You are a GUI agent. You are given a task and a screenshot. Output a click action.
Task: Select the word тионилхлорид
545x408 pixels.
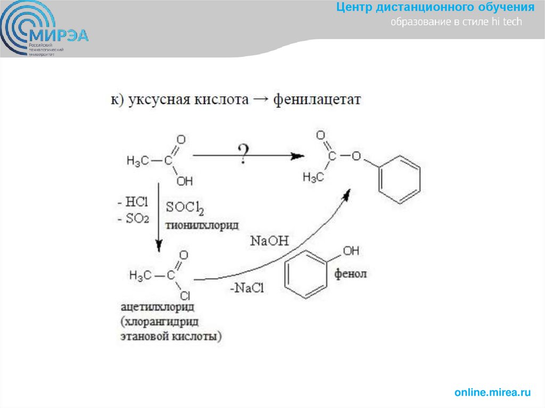[202, 224]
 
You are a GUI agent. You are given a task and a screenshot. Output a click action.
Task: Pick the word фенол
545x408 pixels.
[351, 274]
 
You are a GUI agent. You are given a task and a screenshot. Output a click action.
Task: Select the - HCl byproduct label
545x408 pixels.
[133, 202]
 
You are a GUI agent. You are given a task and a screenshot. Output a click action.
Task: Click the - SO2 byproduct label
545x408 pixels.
[134, 218]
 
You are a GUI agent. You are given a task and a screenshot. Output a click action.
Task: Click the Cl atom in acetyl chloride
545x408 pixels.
[185, 295]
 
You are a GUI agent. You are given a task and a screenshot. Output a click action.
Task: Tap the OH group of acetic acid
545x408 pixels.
[184, 181]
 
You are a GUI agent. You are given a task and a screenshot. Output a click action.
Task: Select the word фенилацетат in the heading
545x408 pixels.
[318, 100]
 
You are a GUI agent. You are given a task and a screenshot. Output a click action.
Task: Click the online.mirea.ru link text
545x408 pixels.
[492, 393]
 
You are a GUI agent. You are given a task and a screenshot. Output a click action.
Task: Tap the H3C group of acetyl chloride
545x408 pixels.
[140, 275]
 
